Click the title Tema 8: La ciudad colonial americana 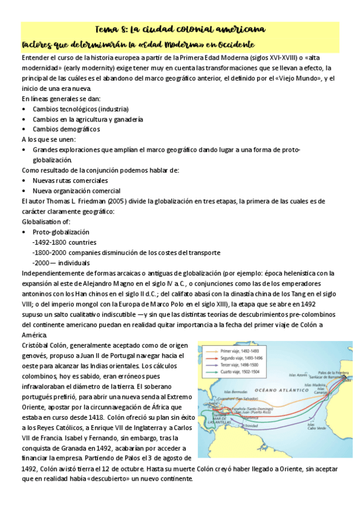tap(180, 29)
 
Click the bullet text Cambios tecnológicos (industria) tap(81, 109)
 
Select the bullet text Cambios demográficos tap(66, 129)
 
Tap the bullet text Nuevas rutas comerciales tap(70, 180)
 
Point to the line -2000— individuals tap(61, 262)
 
